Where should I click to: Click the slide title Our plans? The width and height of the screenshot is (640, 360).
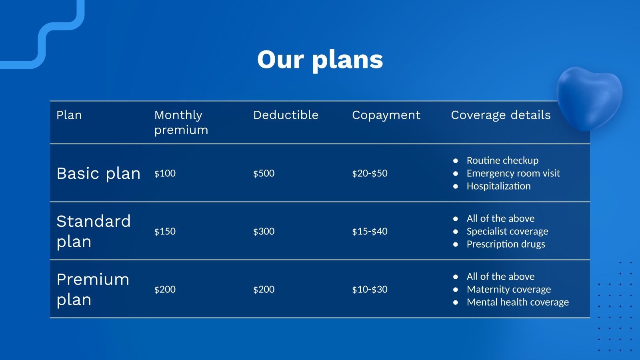[320, 60]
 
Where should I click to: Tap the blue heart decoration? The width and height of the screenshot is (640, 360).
[589, 98]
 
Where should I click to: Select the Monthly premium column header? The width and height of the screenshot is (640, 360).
[181, 122]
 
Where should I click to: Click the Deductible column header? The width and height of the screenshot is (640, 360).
[286, 115]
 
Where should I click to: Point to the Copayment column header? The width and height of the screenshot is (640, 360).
[386, 116]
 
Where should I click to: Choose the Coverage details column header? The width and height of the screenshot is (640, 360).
[500, 116]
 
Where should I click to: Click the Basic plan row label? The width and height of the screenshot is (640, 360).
[98, 174]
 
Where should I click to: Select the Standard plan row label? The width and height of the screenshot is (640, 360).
[94, 231]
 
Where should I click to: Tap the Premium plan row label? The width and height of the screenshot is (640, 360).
[93, 289]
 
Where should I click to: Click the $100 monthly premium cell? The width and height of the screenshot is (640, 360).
[165, 173]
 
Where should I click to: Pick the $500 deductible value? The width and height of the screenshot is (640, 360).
[264, 173]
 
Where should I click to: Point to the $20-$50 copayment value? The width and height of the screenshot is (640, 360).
[370, 173]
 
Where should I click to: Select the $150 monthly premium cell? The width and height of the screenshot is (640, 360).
[165, 231]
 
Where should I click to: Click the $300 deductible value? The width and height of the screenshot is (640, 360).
[264, 231]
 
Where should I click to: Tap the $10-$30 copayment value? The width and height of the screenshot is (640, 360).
[370, 289]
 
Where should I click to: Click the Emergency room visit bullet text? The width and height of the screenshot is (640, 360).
[513, 173]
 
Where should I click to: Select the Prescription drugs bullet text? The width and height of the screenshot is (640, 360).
[506, 244]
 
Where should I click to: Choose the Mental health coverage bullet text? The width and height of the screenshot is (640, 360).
[518, 302]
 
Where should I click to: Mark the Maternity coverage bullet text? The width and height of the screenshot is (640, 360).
[508, 289]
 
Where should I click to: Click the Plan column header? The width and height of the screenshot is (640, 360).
[69, 115]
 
